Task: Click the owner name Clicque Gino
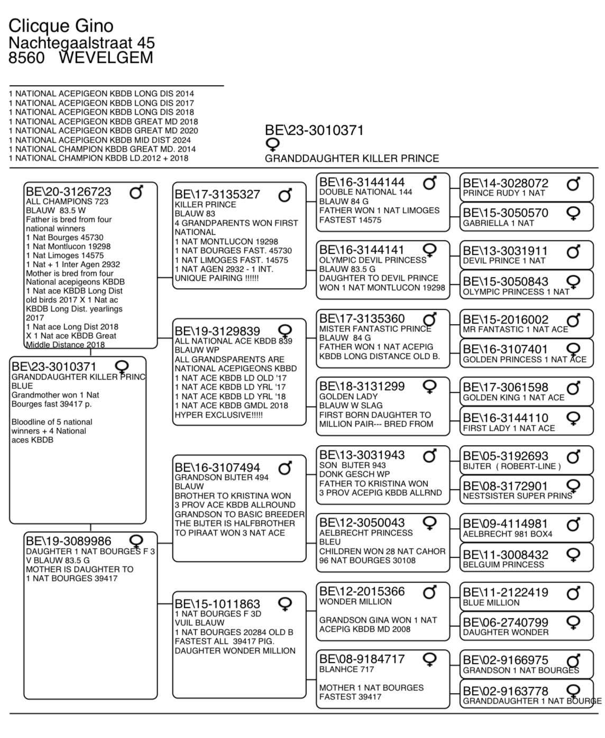point(61,25)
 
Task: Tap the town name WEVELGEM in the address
point(105,57)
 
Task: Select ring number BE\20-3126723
point(69,191)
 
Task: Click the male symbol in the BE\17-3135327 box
point(285,196)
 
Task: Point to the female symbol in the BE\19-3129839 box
point(285,331)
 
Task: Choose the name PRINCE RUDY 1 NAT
point(503,193)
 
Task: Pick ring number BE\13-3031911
point(506,251)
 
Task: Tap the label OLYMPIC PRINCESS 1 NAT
point(516,292)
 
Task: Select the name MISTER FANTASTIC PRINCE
point(375,329)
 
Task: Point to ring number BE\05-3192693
point(506,456)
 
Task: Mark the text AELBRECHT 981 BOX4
point(507,534)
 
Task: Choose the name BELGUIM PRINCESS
point(503,565)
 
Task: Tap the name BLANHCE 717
point(346,669)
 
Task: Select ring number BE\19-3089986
point(69,541)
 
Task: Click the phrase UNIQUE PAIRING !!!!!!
point(217,278)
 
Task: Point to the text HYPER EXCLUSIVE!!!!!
point(219,415)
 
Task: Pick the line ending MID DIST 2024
point(100,140)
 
